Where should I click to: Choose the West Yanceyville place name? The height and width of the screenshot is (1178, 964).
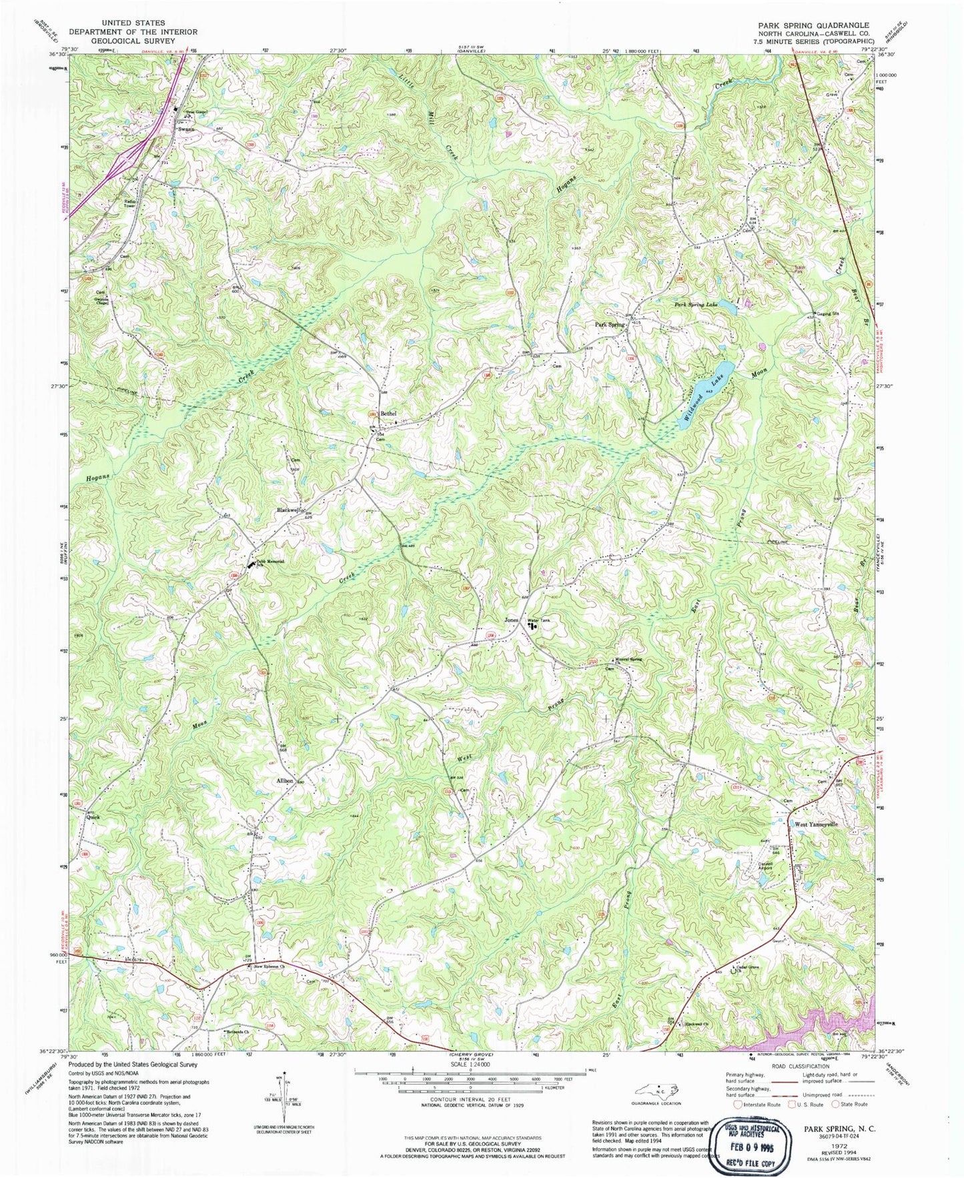point(815,824)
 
